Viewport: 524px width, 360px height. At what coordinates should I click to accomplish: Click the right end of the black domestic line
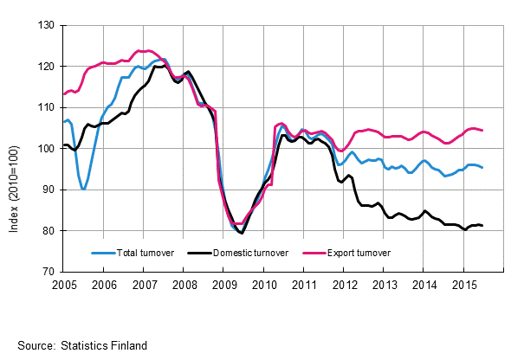482,226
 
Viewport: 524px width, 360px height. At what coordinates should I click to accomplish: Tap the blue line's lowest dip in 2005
83,189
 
